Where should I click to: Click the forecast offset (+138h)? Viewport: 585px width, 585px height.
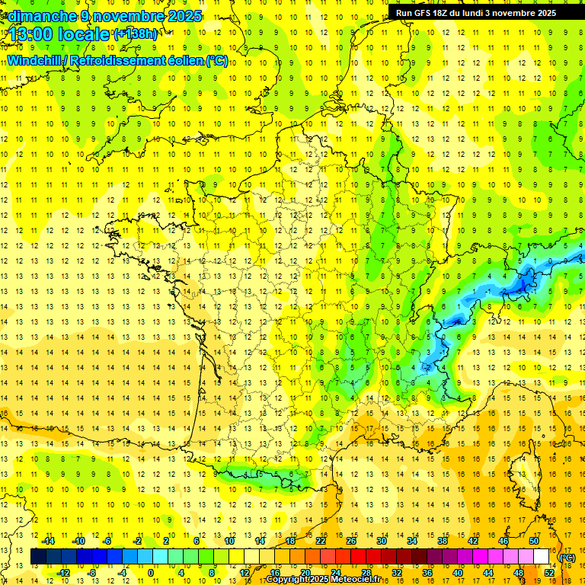136,34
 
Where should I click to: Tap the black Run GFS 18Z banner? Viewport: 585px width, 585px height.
476,12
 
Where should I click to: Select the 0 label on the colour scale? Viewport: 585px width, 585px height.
151,573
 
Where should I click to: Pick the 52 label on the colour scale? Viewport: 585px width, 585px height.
548,573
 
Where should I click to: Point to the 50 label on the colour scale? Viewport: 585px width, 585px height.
534,541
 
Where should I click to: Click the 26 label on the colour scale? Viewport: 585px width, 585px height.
350,541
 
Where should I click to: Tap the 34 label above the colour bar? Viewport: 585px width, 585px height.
411,541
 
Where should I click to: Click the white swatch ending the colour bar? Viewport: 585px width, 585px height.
542,557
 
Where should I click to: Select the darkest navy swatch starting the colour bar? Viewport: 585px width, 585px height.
38,557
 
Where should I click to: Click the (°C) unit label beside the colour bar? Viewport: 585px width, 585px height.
567,557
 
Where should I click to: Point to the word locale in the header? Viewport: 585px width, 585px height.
83,34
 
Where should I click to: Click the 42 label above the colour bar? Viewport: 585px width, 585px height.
473,541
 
